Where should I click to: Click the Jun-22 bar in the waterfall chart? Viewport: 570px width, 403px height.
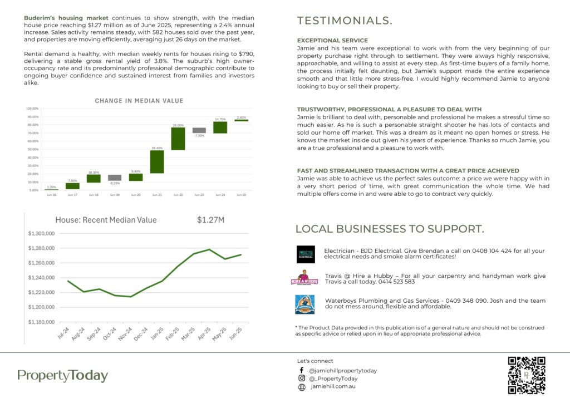[178, 139]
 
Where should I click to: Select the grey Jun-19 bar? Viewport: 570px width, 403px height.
[115, 178]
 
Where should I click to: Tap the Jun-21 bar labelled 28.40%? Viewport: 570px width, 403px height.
[157, 161]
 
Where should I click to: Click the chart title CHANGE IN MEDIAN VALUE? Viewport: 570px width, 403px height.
[139, 101]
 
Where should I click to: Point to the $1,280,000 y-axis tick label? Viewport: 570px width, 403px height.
[41, 248]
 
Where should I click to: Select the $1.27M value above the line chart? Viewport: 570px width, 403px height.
[210, 220]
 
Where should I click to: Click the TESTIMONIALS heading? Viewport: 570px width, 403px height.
[345, 21]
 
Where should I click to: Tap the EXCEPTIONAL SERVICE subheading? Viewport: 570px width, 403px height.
[332, 41]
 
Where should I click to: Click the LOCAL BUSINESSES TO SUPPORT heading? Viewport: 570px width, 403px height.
[389, 229]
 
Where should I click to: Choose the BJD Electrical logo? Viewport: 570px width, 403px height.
[306, 254]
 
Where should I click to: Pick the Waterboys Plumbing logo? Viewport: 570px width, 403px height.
[305, 304]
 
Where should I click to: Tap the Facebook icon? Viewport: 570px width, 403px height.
[301, 370]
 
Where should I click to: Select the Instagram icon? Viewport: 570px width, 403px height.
[301, 379]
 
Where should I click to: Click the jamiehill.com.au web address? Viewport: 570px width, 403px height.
[333, 387]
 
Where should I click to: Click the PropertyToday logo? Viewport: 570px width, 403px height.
[62, 376]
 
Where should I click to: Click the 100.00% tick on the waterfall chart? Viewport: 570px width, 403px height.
[32, 109]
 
